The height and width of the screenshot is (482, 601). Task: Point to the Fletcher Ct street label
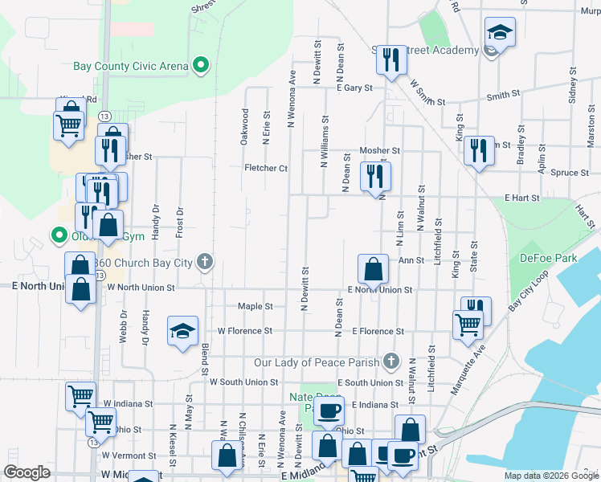(x=266, y=168)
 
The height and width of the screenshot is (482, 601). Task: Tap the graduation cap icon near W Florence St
(x=182, y=330)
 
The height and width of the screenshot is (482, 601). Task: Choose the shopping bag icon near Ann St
(x=373, y=268)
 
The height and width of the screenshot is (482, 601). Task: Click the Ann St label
(x=411, y=259)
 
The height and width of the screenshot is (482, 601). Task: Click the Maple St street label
(x=256, y=306)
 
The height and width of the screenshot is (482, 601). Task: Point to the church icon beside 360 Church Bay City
(x=206, y=261)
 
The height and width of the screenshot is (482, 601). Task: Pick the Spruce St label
(x=569, y=172)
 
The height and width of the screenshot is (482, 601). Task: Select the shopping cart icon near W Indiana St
(x=81, y=395)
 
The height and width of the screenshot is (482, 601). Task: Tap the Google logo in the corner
(x=27, y=472)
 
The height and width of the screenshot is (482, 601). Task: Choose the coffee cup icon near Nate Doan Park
(x=329, y=411)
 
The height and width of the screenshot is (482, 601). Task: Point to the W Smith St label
(x=427, y=92)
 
